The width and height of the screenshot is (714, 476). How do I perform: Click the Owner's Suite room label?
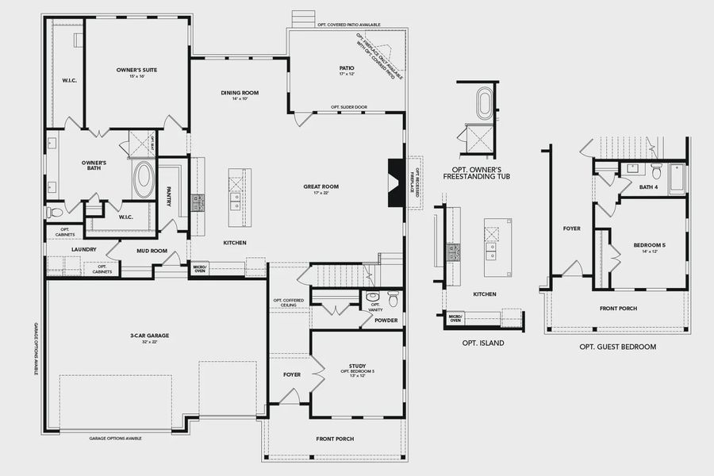(136, 71)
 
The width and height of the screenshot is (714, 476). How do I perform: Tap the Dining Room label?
(240, 93)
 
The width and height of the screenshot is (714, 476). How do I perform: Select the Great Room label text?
(321, 187)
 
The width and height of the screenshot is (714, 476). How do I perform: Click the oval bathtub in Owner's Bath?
(144, 179)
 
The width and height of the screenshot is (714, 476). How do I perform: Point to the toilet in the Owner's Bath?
(54, 213)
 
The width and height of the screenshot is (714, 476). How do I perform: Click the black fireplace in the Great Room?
(394, 182)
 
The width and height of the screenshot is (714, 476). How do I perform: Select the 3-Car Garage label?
(150, 336)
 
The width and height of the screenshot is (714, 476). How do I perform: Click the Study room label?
(357, 366)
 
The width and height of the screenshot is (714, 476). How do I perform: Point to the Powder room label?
(386, 321)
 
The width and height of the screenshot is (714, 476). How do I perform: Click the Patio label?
(347, 68)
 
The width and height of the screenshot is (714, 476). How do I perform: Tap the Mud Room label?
(151, 251)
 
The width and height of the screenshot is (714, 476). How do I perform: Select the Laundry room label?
(83, 249)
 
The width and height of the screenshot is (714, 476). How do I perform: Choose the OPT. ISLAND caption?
(483, 344)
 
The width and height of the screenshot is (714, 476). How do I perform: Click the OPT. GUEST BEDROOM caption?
(617, 347)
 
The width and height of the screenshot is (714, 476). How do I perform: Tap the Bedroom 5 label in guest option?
(649, 246)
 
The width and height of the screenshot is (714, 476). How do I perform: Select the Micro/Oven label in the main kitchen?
(199, 270)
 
